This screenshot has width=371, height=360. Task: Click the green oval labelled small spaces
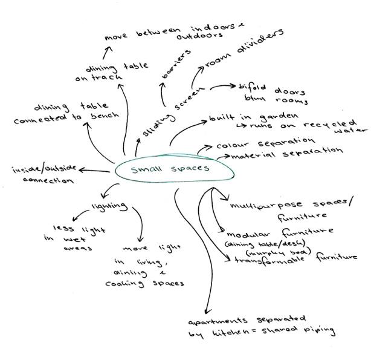174,169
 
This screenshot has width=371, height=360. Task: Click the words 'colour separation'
265,143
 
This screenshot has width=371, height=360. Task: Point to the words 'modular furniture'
280,233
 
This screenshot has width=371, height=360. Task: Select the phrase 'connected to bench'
59,117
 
